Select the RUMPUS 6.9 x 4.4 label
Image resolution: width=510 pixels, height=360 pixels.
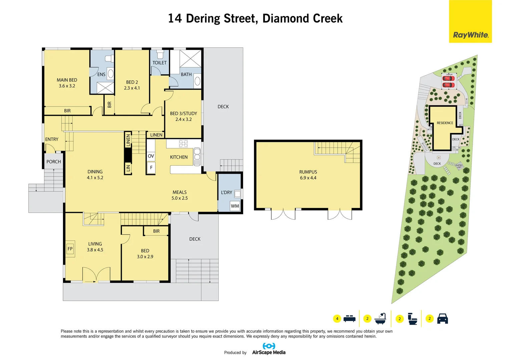(308, 175)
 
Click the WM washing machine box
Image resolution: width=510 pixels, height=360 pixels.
(235, 206)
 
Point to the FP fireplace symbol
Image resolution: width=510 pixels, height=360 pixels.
(70, 249)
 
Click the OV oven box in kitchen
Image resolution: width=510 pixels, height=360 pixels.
(151, 156)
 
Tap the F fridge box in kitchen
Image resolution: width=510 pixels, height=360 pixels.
(151, 168)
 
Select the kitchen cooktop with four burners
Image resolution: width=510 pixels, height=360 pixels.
(183, 144)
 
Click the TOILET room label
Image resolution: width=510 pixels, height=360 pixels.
(159, 63)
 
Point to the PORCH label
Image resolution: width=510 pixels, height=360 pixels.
(54, 162)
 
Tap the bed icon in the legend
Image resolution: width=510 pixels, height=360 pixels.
(349, 319)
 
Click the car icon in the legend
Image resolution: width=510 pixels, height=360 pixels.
(442, 319)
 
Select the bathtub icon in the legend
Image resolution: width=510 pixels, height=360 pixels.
(380, 319)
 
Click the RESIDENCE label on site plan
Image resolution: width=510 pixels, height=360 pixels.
(445, 123)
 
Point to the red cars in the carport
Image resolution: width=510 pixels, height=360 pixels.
(448, 82)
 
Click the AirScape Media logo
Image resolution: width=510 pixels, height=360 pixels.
(269, 349)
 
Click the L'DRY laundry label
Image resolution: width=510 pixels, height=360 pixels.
(226, 192)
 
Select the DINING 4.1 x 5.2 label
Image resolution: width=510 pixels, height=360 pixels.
(95, 175)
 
